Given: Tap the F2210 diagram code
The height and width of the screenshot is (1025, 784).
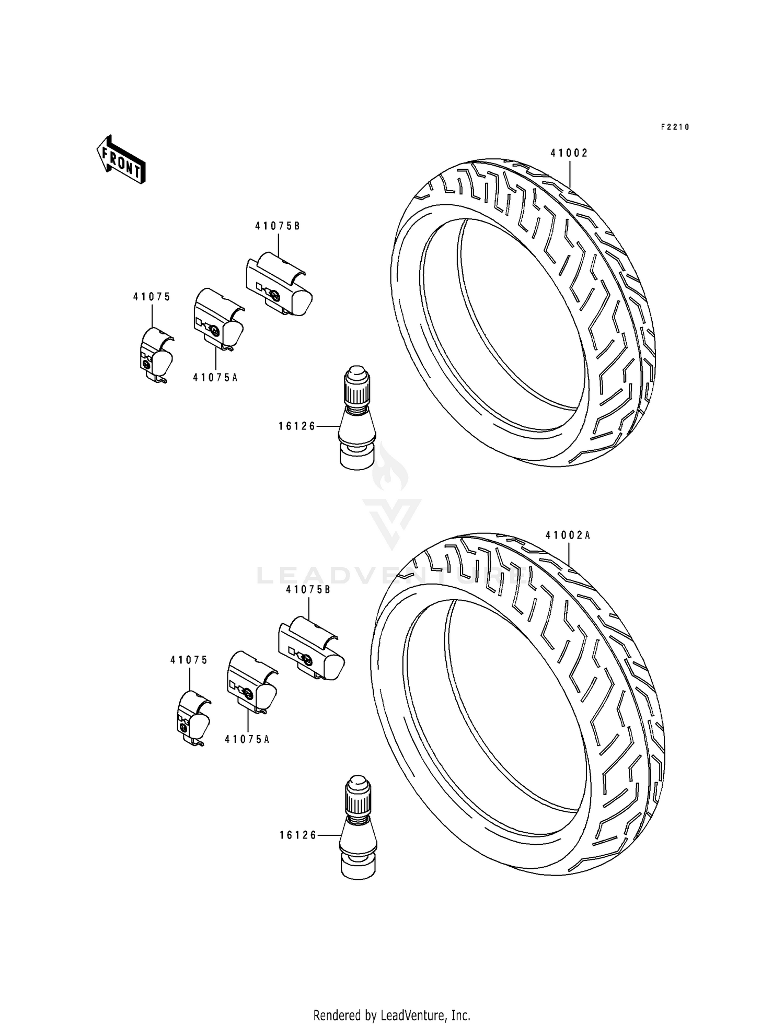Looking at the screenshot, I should point(675,127).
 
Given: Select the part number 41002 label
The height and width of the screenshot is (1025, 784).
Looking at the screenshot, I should point(569,153).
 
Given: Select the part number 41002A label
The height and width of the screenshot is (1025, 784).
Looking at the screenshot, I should point(568,535).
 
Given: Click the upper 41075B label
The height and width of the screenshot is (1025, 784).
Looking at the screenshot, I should point(278,226).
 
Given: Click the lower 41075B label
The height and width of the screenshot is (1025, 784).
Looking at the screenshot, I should point(308,589).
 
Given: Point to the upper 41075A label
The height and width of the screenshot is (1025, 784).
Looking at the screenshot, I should point(215,378).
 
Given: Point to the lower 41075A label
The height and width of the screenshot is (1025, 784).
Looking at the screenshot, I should point(247,739).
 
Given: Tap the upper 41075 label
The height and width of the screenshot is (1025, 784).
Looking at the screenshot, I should point(152,297).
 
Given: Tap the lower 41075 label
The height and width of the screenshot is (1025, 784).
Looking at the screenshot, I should point(189,660).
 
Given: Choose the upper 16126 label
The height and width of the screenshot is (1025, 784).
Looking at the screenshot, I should point(297,426).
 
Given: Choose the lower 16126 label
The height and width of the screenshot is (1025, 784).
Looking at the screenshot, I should point(298,835).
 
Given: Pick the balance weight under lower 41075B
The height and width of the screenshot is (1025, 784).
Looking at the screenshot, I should point(310,649).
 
